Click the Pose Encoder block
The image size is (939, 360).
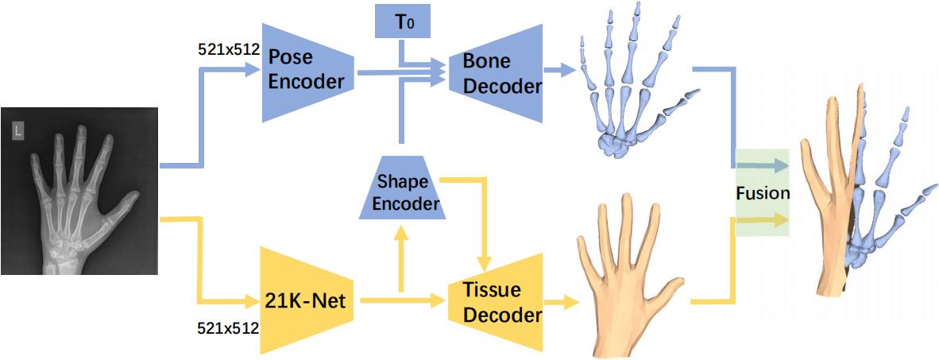pos(307,70)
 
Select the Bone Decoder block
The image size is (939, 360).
pos(493,73)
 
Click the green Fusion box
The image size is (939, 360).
pos(762,192)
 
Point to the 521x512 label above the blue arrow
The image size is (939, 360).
pos(228,48)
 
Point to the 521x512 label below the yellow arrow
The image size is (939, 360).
pos(228,326)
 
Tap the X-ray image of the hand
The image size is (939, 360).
pos(80,190)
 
